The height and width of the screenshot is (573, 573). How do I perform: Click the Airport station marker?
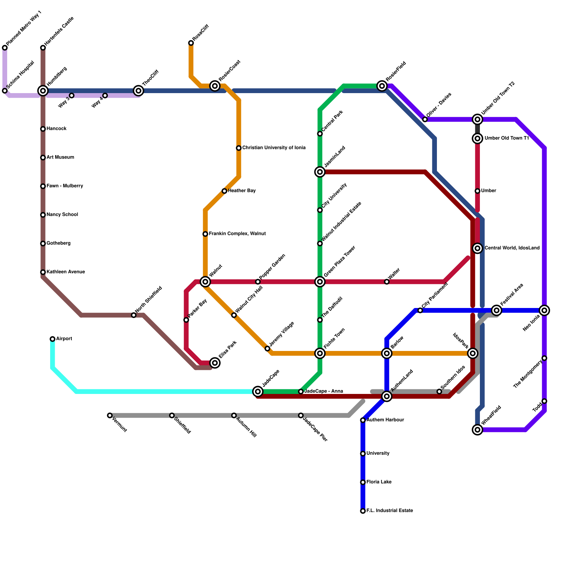[53, 339]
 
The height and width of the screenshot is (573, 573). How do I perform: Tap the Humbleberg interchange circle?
[43, 91]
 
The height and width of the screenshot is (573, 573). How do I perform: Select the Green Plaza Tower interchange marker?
[320, 282]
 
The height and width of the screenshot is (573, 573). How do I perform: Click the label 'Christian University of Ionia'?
[274, 148]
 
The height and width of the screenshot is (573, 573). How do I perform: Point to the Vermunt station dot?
[110, 415]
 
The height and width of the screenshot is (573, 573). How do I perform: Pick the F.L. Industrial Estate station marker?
[363, 511]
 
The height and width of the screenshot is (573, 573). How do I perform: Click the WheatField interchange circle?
[477, 429]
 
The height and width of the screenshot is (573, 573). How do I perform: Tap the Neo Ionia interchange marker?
[544, 310]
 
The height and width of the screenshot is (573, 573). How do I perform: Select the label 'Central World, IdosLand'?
[512, 248]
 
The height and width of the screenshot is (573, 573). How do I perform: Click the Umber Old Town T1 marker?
[477, 138]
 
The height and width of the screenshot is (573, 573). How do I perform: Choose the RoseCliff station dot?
[191, 43]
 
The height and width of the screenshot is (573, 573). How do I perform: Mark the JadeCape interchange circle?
[258, 391]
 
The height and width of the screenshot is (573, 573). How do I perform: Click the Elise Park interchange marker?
[215, 363]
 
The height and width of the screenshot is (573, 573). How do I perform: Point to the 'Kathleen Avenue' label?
[66, 272]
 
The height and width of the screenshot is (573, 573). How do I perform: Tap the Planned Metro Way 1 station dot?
[5, 48]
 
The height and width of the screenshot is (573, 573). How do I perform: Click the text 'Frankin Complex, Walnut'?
[237, 234]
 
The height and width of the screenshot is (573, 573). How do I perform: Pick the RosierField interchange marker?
[382, 86]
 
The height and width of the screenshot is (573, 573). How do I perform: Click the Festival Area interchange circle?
[496, 310]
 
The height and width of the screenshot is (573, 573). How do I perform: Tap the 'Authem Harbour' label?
[385, 420]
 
